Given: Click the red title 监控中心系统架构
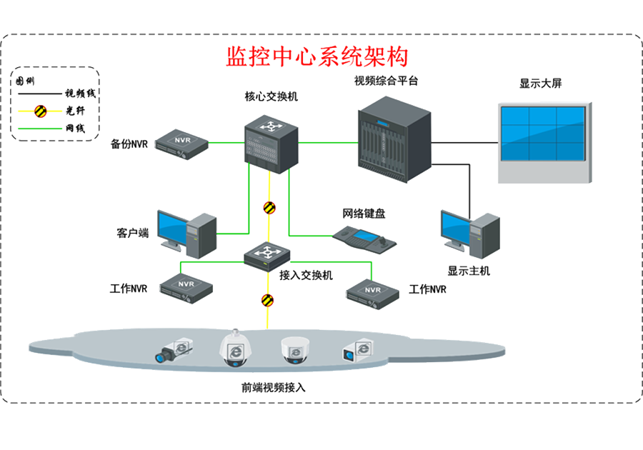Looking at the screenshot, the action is point(317,56).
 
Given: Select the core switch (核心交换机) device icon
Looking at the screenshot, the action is point(271,144).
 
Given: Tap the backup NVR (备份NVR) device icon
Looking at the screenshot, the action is point(181,144).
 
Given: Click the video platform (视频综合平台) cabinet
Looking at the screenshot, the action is point(394,139).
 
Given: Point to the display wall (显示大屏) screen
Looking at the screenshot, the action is point(544,142).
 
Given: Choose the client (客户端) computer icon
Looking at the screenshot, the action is point(187,234).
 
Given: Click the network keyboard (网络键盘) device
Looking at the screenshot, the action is point(364,239).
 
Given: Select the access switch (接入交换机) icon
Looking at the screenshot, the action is point(267,256).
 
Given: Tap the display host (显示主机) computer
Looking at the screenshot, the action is point(470,234).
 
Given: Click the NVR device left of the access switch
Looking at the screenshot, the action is point(186,288).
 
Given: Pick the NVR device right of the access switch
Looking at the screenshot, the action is point(372,294).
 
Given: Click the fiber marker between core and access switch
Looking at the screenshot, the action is point(269,208).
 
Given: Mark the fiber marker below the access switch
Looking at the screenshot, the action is point(267,301).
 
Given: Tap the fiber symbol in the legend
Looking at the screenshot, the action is point(40,111).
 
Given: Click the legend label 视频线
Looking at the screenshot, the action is point(80,94).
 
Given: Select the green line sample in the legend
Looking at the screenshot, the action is point(39,129).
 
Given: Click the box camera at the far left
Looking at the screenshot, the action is point(174,351).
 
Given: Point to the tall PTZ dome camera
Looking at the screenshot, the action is point(235,348).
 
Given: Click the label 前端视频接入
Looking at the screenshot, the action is point(273,387).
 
